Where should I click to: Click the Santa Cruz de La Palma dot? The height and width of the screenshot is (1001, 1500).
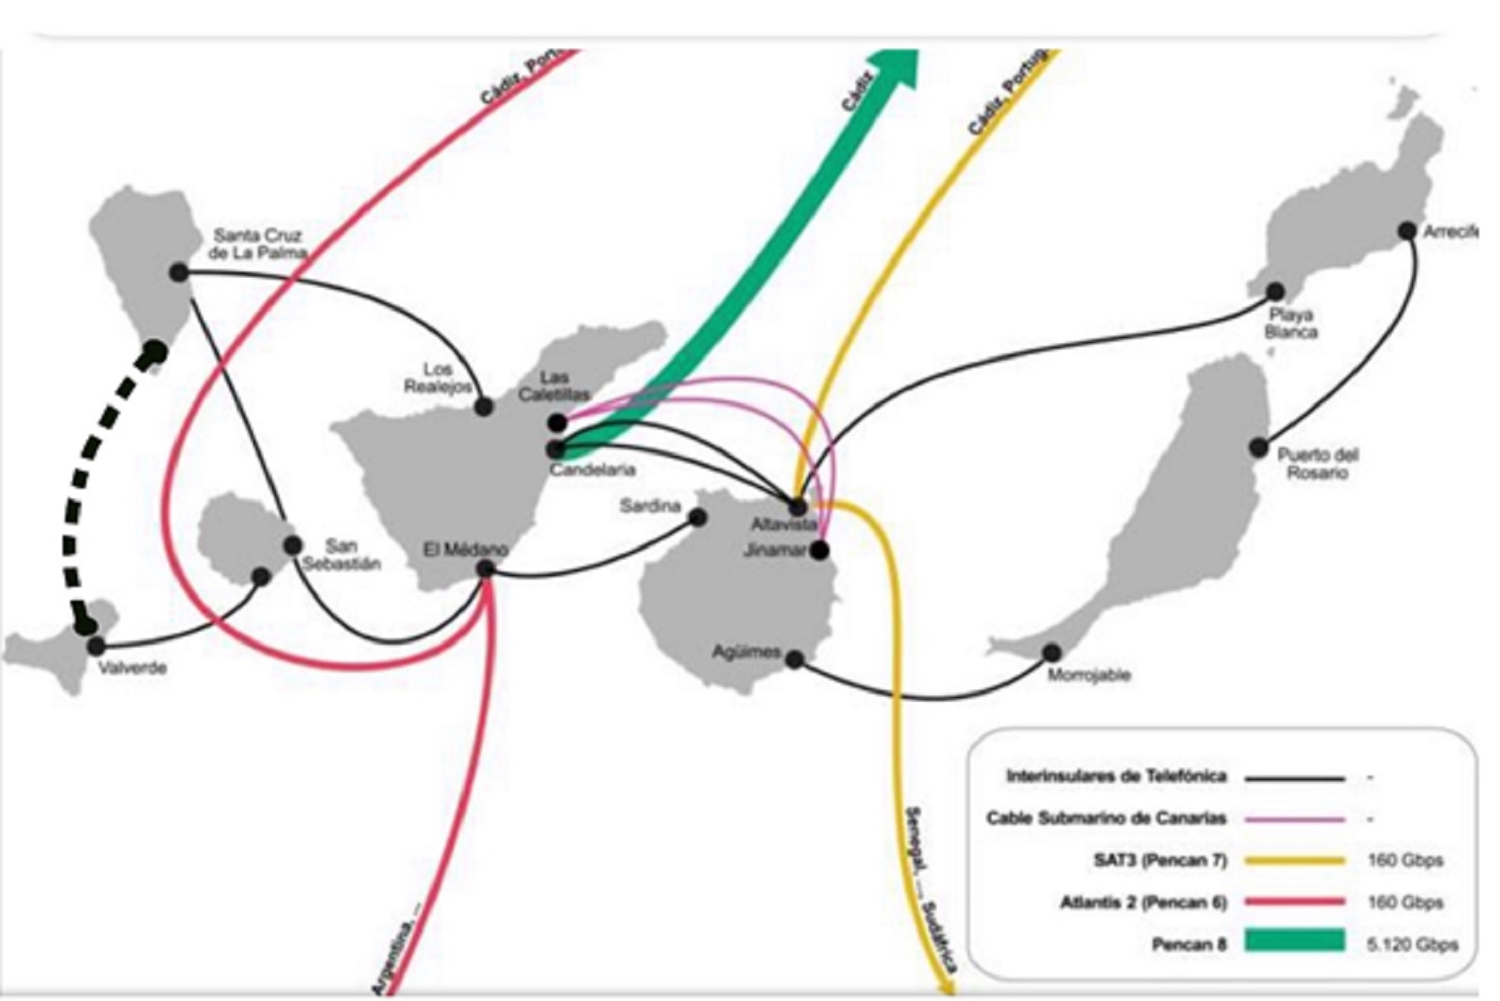pyautogui.click(x=179, y=273)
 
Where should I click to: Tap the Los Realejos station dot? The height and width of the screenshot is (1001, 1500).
pyautogui.click(x=483, y=406)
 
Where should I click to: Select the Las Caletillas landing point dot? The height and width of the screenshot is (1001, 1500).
pyautogui.click(x=557, y=423)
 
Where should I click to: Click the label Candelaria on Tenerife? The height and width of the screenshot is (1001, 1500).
pyautogui.click(x=593, y=469)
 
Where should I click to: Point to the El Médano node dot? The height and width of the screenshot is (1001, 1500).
pyautogui.click(x=485, y=568)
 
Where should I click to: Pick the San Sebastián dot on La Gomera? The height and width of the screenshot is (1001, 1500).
pyautogui.click(x=293, y=545)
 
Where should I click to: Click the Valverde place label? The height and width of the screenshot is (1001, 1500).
pyautogui.click(x=132, y=668)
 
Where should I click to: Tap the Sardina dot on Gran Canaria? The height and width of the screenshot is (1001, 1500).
pyautogui.click(x=698, y=517)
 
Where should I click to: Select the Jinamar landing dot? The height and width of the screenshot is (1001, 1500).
pyautogui.click(x=819, y=550)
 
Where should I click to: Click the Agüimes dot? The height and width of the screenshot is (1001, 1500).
pyautogui.click(x=794, y=659)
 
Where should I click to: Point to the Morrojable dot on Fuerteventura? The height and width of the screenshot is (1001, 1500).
pyautogui.click(x=1051, y=653)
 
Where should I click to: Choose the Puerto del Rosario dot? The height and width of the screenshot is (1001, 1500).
pyautogui.click(x=1259, y=447)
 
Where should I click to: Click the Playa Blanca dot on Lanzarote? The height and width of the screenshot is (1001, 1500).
pyautogui.click(x=1275, y=292)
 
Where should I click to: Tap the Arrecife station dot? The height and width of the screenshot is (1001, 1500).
pyautogui.click(x=1407, y=230)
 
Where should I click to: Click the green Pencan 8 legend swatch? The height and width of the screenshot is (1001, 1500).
pyautogui.click(x=1293, y=941)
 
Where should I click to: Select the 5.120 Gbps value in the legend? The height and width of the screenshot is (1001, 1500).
pyautogui.click(x=1412, y=943)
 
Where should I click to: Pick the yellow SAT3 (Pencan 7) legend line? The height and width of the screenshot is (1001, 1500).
pyautogui.click(x=1293, y=860)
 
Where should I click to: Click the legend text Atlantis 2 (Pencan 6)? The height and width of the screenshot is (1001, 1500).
pyautogui.click(x=1143, y=902)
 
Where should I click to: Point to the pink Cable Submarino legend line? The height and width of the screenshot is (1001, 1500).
pyautogui.click(x=1293, y=819)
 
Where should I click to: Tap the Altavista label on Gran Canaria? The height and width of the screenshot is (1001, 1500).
pyautogui.click(x=783, y=525)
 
